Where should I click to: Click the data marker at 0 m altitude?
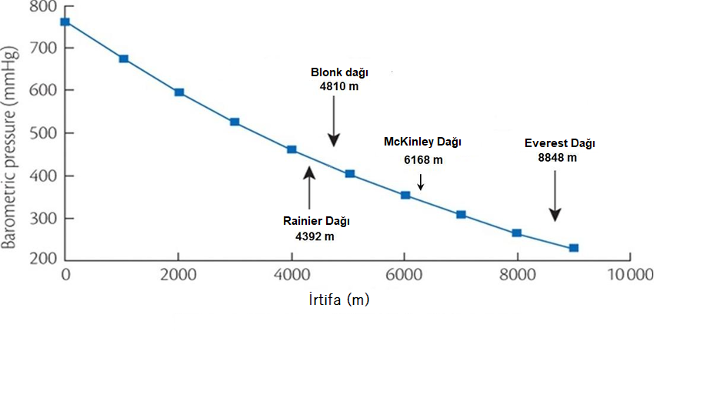coord(65,22)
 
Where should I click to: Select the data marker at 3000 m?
coord(235,122)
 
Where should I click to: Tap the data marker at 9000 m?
coord(573,248)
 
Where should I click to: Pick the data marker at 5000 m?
coord(350,174)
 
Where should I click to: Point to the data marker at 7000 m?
coord(461,215)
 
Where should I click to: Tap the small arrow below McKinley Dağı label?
coord(421,182)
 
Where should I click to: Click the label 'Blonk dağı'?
coord(339,72)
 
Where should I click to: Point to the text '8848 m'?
coord(558,158)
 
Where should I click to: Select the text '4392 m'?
coord(315,236)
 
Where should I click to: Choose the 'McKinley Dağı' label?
coord(422,142)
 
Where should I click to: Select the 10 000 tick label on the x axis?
coord(631,276)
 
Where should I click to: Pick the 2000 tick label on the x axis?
coord(178,276)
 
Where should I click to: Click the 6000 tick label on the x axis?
coord(405,276)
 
